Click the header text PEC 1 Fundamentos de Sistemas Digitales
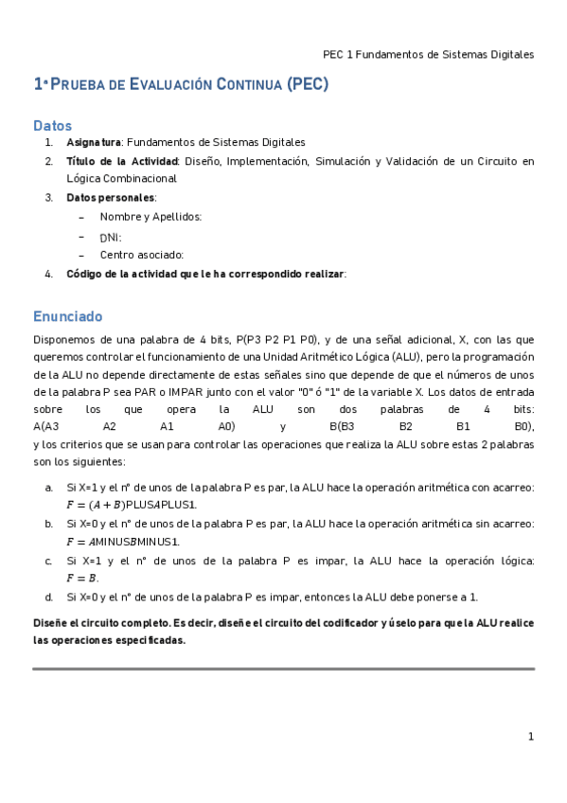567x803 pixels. pyautogui.click(x=428, y=54)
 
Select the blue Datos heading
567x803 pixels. pyautogui.click(x=52, y=125)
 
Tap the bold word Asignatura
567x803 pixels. pyautogui.click(x=94, y=142)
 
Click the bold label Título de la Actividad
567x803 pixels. pyautogui.click(x=123, y=161)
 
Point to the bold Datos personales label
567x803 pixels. pyautogui.click(x=111, y=198)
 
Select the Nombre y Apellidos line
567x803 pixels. pyautogui.click(x=151, y=217)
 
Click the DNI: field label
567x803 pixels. pyautogui.click(x=111, y=237)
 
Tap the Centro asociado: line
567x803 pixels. pyautogui.click(x=141, y=255)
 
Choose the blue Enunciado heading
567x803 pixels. pyautogui.click(x=67, y=316)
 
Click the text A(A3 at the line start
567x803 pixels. pyautogui.click(x=46, y=427)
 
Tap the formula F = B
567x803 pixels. pyautogui.click(x=82, y=579)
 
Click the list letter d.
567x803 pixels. pyautogui.click(x=48, y=598)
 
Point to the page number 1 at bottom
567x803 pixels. pyautogui.click(x=531, y=737)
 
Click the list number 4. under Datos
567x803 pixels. pyautogui.click(x=48, y=274)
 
